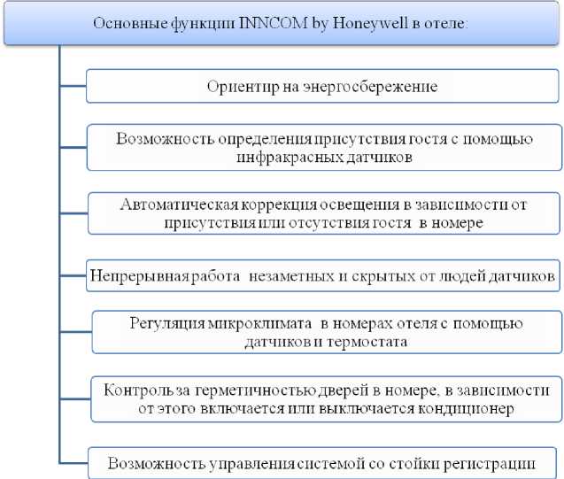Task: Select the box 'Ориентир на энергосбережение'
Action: point(323,87)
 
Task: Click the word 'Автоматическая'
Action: point(172,205)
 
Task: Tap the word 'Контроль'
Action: point(134,389)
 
